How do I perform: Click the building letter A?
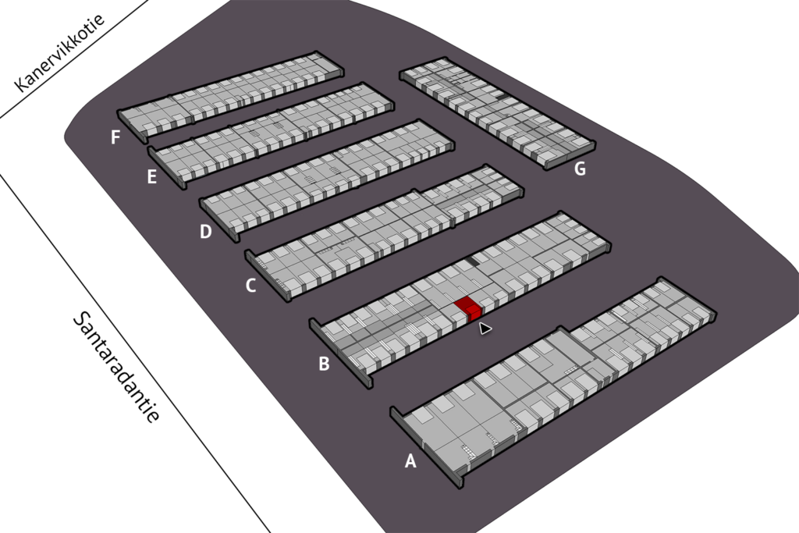pos(410,461)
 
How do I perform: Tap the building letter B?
pos(324,364)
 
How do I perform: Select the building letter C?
pos(250,286)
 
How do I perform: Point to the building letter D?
pos(205,232)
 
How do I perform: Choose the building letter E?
pos(151,177)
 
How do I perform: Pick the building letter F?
pos(115,137)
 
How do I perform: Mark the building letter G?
pos(580,169)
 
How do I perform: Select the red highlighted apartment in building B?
pos(468,308)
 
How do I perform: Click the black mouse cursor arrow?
pos(484,329)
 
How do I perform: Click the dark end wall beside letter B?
pos(340,354)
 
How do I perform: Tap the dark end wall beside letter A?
pos(425,447)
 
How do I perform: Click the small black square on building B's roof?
pos(472,261)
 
